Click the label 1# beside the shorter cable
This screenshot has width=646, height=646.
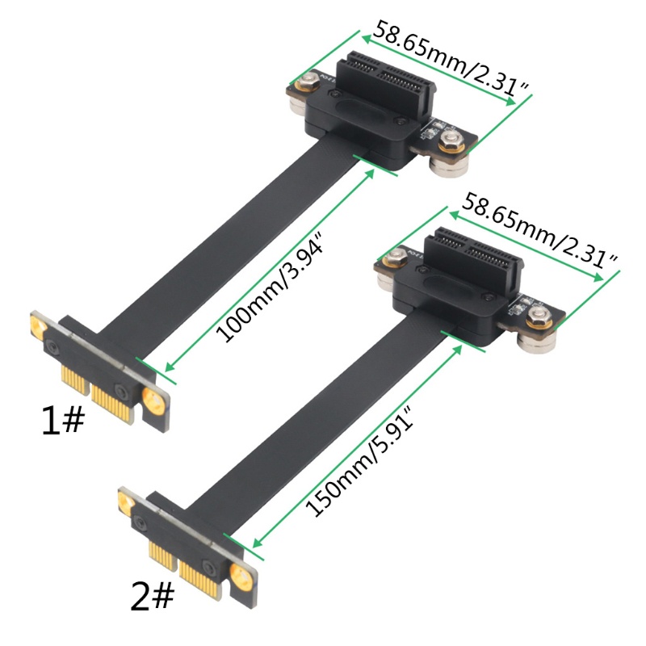tap(63, 420)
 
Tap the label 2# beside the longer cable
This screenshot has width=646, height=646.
tap(152, 596)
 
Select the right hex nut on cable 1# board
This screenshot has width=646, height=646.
tap(451, 141)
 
